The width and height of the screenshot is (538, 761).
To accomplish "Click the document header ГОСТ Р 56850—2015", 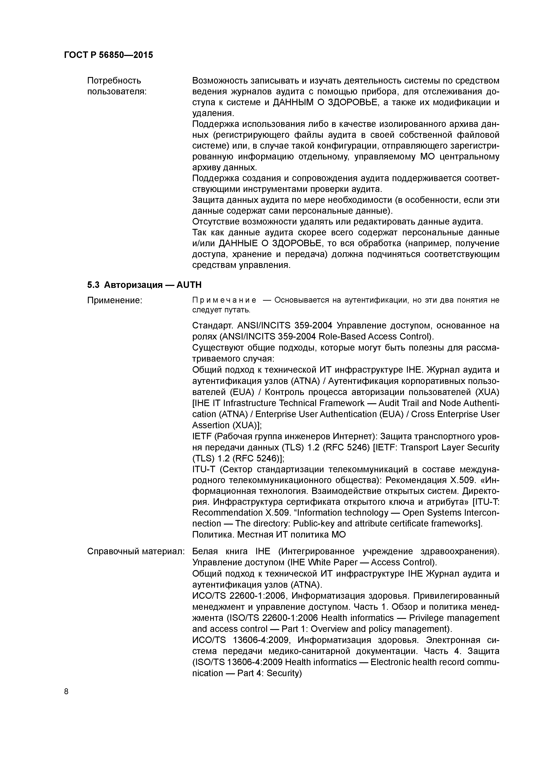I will click(x=108, y=55).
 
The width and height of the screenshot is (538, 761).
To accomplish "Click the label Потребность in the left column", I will click(x=114, y=80).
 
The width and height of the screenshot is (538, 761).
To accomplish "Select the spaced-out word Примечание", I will click(x=224, y=300).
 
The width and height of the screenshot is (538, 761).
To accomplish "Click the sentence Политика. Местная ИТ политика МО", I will click(x=269, y=534).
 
